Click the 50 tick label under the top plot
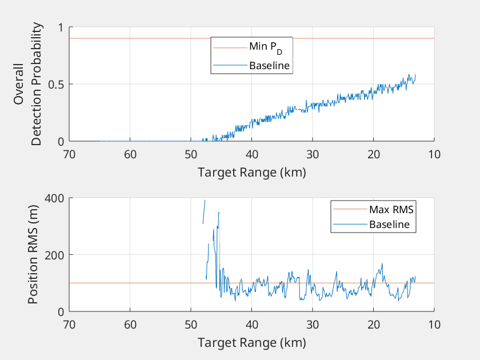pos(191,154)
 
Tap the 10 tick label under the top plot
pos(434,154)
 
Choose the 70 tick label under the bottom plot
pos(69,325)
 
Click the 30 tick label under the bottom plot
pos(313,325)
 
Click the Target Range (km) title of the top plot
pos(251,172)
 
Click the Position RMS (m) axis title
pos(33,254)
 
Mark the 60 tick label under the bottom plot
pos(130,325)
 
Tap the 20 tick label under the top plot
pos(373,154)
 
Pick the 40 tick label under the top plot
pos(251,154)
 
